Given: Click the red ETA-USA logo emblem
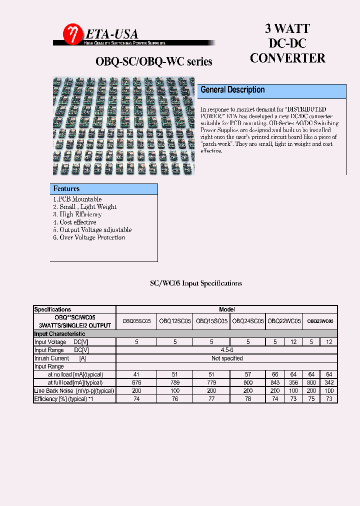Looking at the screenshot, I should coord(71,34).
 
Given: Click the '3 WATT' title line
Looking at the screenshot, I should coord(287,29).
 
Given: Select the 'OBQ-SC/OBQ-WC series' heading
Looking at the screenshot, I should coord(154,61).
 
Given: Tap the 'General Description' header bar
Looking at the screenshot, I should coord(272,90).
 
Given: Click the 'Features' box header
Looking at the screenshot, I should coord(104,189).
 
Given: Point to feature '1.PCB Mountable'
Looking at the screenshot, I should coord(77,199).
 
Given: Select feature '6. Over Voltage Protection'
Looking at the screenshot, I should coord(89,237).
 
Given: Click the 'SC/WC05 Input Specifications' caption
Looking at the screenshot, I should coord(196,283).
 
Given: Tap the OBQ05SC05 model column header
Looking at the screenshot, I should coord(136,321).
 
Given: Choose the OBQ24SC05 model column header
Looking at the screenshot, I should coord(248,321).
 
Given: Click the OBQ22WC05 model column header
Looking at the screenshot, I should coord(284,321).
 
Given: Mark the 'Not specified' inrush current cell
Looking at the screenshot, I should coord(227,358).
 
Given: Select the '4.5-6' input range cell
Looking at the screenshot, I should coord(227,350).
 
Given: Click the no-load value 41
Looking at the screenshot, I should coord(136,374).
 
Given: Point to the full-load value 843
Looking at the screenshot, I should coord(275,383).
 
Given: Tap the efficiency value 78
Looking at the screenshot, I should coord(248,399).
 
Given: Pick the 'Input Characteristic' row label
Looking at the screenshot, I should coord(59,334).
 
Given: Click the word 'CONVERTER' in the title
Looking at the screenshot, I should coord(287,58).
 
